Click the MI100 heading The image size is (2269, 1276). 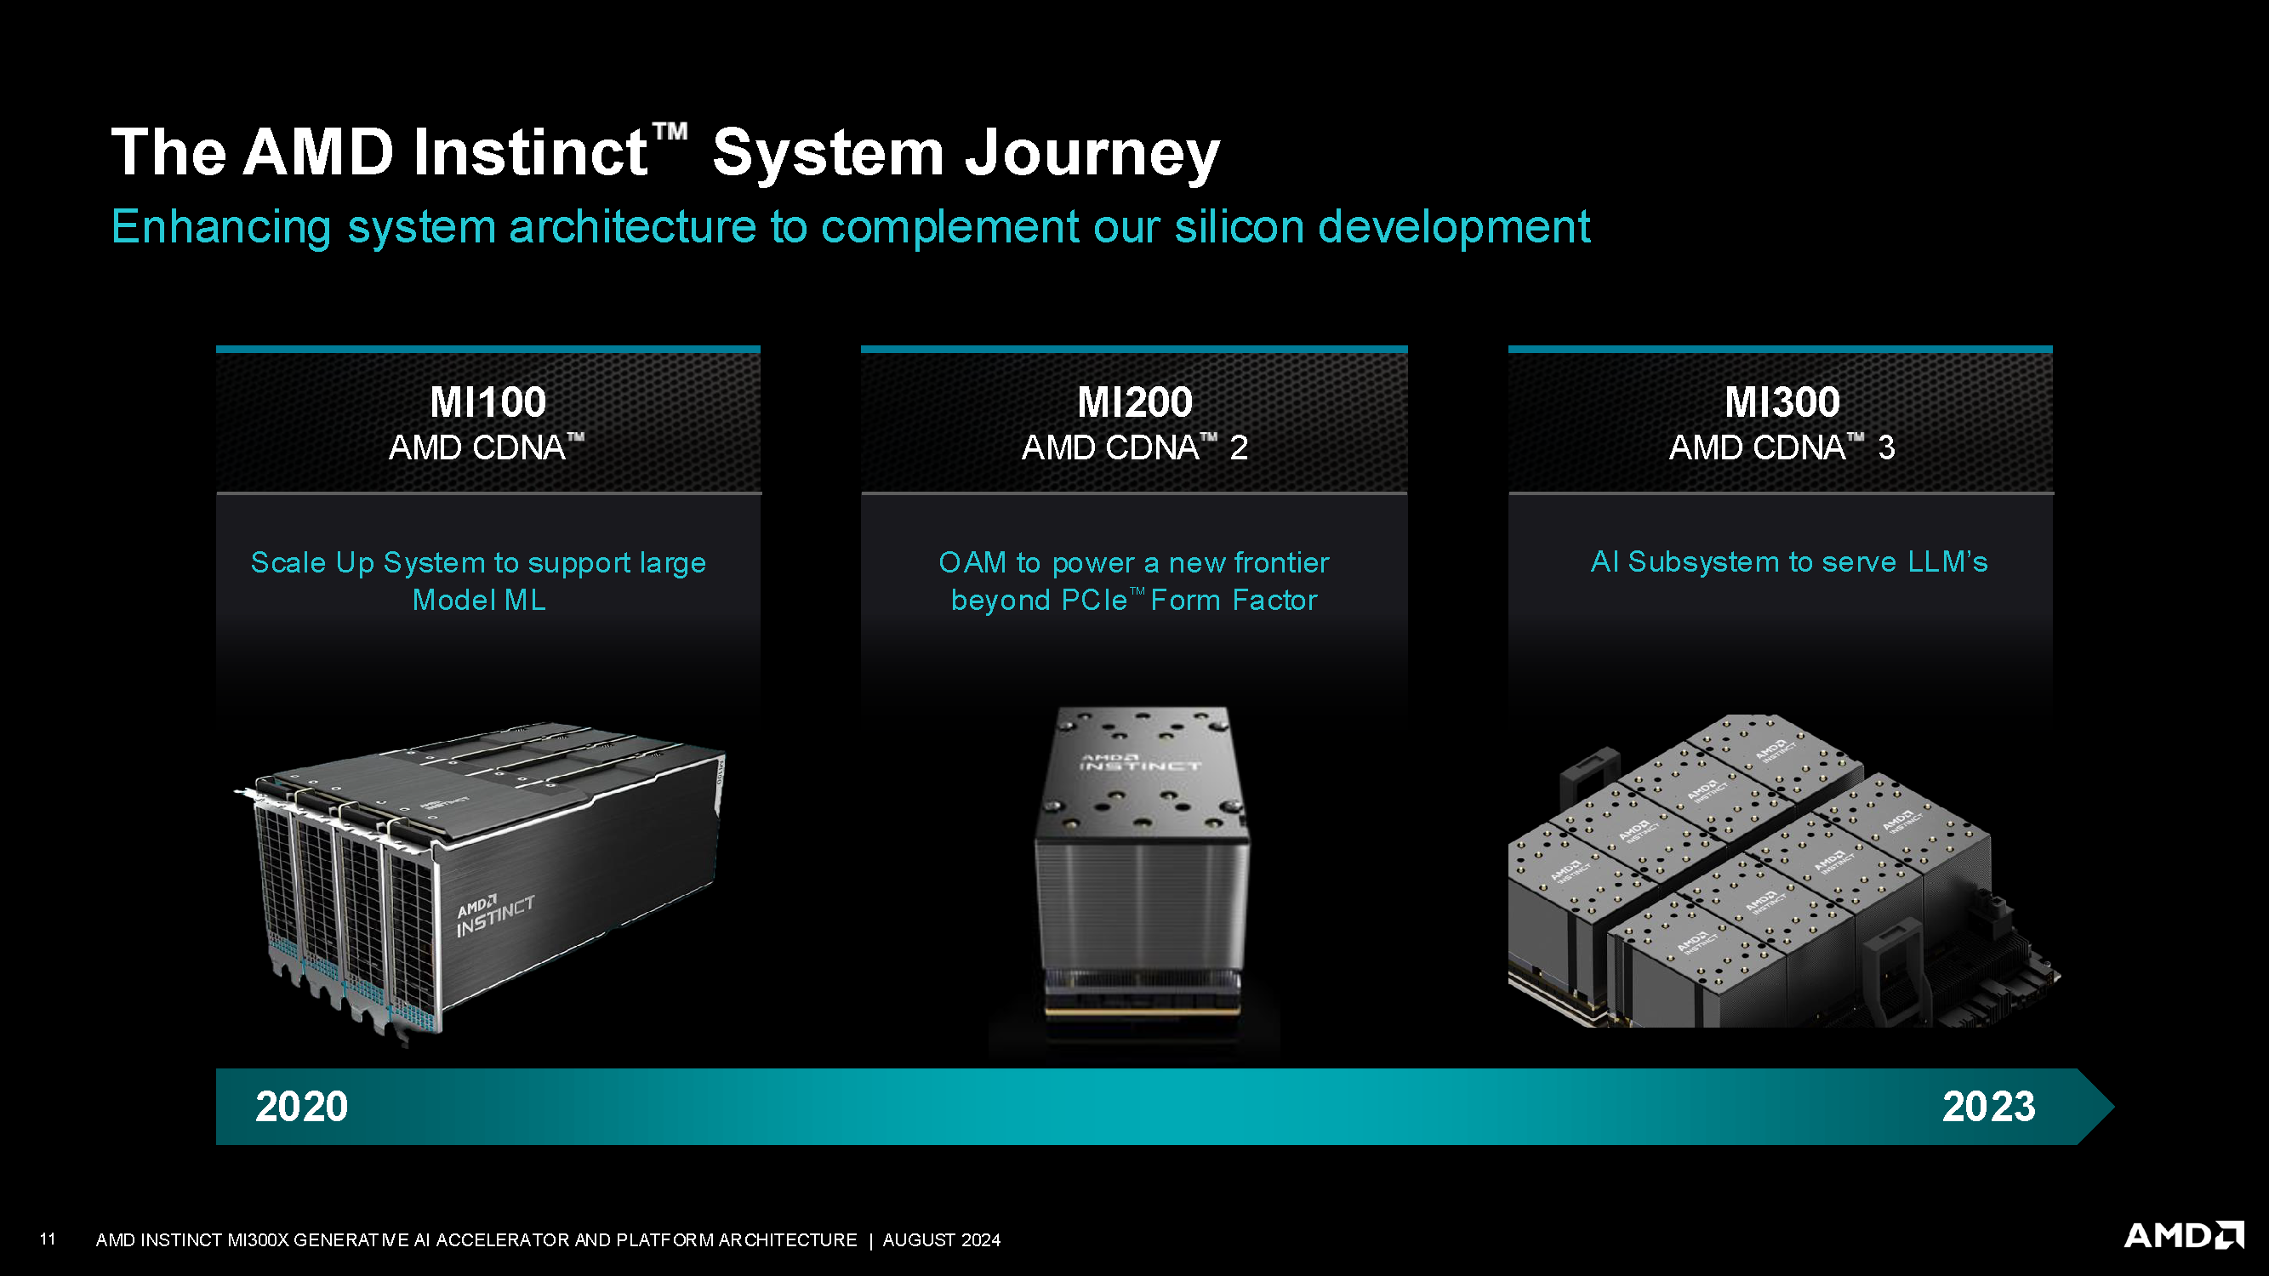click(x=488, y=402)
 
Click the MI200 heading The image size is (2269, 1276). click(x=1135, y=402)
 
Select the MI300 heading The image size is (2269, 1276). click(x=1782, y=402)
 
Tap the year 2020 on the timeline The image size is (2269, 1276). click(x=301, y=1106)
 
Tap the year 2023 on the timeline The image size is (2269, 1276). click(x=1988, y=1106)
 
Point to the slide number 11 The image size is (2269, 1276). click(x=48, y=1239)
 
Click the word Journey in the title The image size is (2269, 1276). click(x=1092, y=152)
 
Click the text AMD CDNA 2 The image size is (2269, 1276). click(x=1135, y=447)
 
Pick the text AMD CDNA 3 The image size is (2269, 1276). click(x=1782, y=447)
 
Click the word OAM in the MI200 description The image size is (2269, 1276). click(x=972, y=561)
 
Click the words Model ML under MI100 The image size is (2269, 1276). click(x=479, y=600)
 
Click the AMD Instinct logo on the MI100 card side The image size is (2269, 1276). click(x=495, y=916)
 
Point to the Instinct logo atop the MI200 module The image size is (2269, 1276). click(x=1140, y=762)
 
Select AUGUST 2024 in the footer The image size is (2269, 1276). click(x=942, y=1240)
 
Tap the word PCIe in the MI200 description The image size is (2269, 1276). click(x=1094, y=600)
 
